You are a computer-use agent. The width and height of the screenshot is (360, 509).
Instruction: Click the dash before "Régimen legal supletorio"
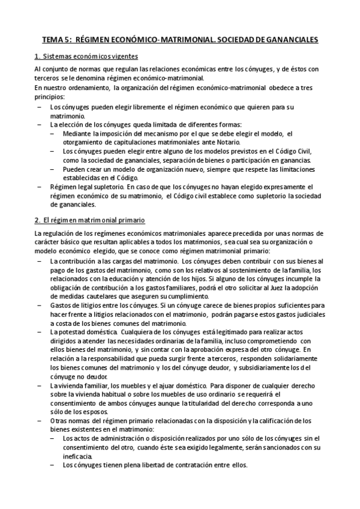40,187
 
